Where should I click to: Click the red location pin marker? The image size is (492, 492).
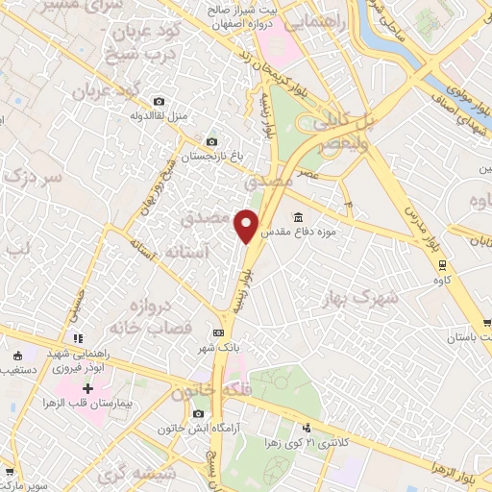(247, 225)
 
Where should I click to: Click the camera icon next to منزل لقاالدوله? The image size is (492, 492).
(159, 101)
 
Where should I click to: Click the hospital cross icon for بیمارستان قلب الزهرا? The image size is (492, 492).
(87, 390)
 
